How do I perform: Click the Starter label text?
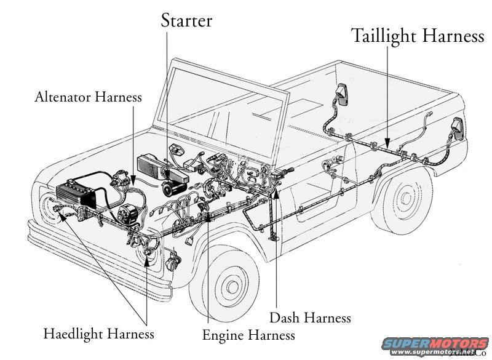tap(186, 20)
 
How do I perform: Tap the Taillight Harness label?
tap(418, 36)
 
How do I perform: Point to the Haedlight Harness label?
tap(98, 334)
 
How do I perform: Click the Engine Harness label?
tap(248, 335)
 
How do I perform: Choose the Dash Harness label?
tap(310, 318)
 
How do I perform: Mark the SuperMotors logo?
tap(435, 345)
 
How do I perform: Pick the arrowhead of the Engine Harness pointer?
tap(210, 216)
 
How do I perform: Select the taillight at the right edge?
tap(456, 128)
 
